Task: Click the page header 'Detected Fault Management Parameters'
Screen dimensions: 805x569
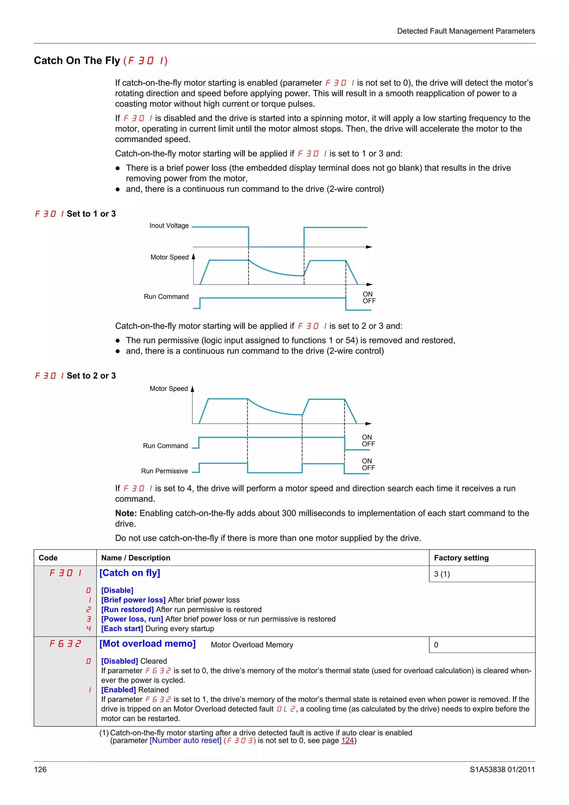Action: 466,31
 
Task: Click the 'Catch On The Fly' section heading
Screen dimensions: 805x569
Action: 77,61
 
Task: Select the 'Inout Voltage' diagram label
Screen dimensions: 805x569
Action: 169,226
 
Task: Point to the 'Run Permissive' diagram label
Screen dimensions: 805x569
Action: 164,471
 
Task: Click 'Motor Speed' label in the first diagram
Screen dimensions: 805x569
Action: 169,257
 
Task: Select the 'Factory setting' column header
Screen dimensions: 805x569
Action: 461,557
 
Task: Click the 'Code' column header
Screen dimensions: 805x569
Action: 48,557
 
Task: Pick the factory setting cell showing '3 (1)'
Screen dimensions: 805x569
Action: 442,574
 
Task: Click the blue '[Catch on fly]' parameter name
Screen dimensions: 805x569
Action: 130,573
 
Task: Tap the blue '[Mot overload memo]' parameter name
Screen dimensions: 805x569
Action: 147,644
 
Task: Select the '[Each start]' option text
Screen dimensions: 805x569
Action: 122,629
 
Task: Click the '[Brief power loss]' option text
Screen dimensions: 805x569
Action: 133,600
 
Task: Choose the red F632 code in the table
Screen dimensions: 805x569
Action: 65,644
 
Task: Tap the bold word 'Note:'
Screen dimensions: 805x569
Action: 126,513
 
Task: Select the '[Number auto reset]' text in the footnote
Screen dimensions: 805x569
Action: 186,741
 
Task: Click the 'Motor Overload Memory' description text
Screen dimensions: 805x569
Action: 252,645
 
